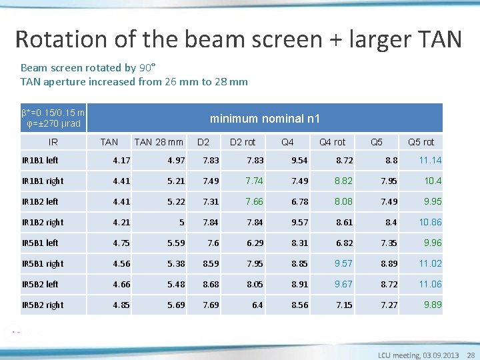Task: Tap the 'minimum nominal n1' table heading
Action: click(x=265, y=119)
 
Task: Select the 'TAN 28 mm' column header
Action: click(x=159, y=142)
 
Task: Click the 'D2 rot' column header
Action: click(x=243, y=142)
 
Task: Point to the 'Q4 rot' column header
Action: click(x=332, y=142)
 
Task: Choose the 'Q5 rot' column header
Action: click(x=421, y=142)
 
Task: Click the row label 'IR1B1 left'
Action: click(x=40, y=161)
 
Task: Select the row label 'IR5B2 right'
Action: click(x=43, y=305)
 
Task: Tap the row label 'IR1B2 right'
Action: click(x=43, y=222)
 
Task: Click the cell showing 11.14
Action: click(x=430, y=161)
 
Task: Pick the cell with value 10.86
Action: click(x=430, y=222)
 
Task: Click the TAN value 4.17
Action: click(x=121, y=161)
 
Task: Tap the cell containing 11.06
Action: click(x=430, y=284)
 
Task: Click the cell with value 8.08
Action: click(x=343, y=201)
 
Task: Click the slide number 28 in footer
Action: click(x=471, y=355)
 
